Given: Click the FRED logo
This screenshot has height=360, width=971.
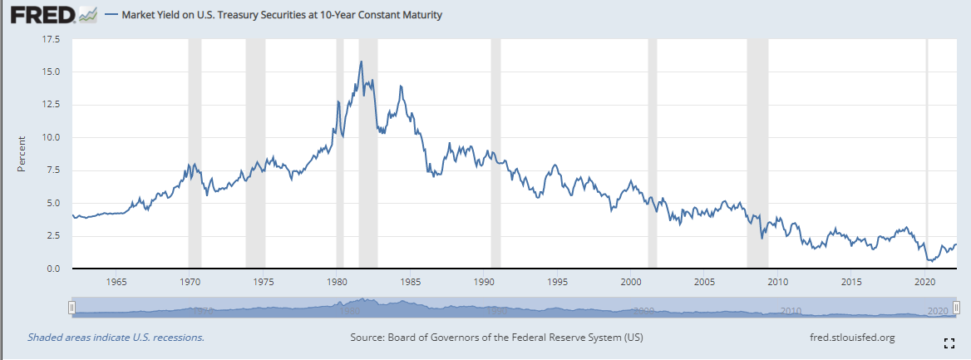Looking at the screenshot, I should coord(49,15).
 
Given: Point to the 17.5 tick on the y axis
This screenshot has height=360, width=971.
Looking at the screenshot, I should coord(51,39).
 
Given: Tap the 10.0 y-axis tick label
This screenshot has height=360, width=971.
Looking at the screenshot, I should coord(51,137).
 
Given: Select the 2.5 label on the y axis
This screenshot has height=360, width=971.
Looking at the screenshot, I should coord(53,236).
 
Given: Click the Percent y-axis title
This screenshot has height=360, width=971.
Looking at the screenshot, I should coord(22,154).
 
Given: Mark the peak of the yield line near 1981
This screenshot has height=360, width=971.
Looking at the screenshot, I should coord(361,62).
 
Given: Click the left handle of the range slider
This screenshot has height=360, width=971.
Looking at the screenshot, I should coord(71,308).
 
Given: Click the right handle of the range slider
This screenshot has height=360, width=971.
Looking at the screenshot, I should coord(957,308).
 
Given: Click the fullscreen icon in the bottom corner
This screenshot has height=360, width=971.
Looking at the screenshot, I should coord(949,343).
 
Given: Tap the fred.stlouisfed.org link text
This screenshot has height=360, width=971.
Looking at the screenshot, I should coord(852,338).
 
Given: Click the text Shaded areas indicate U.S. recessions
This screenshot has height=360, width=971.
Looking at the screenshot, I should coord(116,338).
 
